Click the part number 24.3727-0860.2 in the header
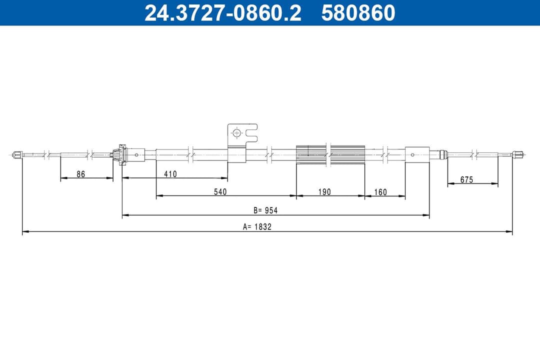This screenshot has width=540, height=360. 222,13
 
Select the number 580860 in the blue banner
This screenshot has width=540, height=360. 358,13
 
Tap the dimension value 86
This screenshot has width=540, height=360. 80,174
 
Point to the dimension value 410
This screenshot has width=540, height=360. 170,174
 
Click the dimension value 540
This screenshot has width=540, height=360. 220,191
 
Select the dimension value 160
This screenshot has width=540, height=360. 380,191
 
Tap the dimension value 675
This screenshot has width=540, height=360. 466,179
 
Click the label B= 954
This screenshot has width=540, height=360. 265,210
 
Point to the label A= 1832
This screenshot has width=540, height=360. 257,226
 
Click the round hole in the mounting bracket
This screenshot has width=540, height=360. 237,133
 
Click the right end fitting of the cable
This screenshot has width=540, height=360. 518,154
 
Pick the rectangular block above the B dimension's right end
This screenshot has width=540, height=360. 417,154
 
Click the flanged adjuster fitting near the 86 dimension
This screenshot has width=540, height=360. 120,154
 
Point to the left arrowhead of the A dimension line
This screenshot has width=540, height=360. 25,232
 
